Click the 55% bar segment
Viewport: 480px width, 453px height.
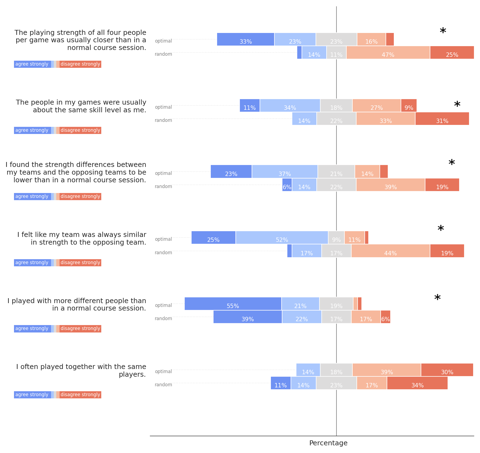233,304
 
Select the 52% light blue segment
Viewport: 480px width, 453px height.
282,237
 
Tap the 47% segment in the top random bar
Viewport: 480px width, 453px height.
388,52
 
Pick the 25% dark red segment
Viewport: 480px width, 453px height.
452,52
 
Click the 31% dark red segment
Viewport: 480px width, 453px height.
442,119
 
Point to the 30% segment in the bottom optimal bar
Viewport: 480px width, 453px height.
447,370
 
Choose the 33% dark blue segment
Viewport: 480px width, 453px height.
245,39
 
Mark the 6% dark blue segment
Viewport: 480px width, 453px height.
287,185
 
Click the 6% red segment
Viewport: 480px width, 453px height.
385,317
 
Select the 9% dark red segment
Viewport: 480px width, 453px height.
409,105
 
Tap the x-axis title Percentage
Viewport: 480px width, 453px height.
328,443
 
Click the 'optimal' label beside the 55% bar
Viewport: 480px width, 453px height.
163,305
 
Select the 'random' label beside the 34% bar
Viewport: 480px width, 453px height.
163,385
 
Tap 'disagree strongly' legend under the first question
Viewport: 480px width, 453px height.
80,64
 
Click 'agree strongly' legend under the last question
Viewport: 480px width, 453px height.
32,395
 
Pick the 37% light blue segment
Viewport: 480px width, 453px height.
285,172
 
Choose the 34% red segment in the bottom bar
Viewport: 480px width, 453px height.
417,383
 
